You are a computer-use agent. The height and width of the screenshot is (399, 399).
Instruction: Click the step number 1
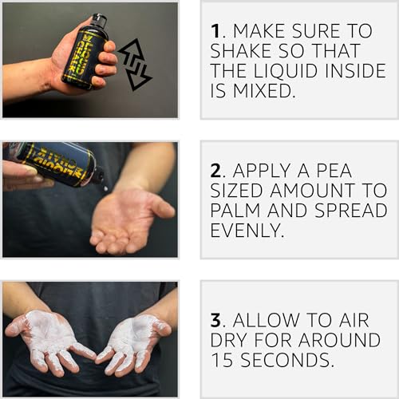pos(215,31)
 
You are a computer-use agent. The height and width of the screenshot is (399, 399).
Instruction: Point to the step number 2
pos(215,171)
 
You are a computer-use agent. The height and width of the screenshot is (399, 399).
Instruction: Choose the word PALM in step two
pos(235,210)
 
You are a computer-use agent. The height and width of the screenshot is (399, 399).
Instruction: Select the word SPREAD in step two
pos(351,210)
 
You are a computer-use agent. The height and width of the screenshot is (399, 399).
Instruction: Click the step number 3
pos(215,320)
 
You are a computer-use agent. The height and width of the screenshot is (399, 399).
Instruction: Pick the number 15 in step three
pos(223,360)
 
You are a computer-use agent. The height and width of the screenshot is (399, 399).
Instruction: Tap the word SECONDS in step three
pos(284,360)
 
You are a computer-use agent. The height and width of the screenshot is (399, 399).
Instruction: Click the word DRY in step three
pos(229,340)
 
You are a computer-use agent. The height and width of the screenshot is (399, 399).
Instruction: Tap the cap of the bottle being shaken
pos(100,19)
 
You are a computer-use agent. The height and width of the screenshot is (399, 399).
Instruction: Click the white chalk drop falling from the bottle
pos(105,188)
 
